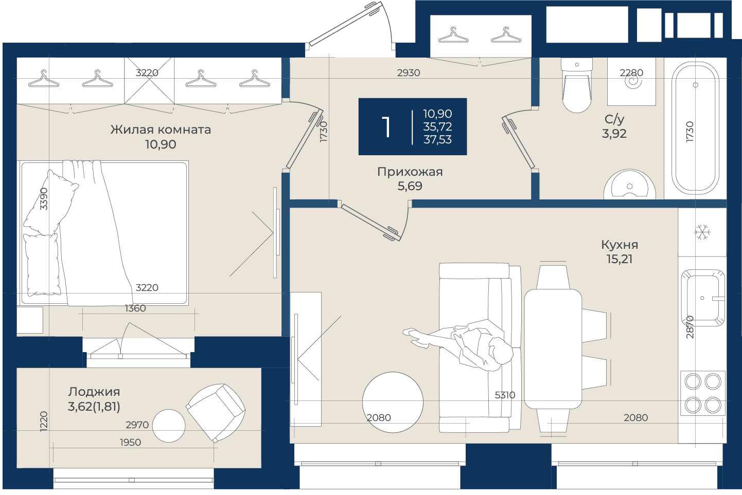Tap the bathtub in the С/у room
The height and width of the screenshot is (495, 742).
point(695,128)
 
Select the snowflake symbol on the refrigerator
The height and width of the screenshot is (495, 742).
point(702,232)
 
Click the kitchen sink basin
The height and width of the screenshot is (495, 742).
point(703,298)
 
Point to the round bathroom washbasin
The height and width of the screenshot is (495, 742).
point(630,185)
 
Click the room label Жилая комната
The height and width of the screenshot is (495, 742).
point(161,130)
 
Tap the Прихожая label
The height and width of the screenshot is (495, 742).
point(410,172)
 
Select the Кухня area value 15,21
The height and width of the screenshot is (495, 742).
point(620,259)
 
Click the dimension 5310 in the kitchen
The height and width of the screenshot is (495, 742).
point(505,395)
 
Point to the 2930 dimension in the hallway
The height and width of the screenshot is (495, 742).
point(409,73)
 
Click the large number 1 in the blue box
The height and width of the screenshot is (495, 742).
point(386,127)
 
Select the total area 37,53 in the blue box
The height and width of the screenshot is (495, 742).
point(437,140)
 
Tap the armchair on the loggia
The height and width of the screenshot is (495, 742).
point(216,413)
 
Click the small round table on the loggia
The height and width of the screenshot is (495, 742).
point(169,426)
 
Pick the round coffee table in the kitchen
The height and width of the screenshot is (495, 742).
point(393,402)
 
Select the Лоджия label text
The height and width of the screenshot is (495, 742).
point(94,392)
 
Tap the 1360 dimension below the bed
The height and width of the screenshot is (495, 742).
point(135,308)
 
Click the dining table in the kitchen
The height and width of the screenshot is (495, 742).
point(553,349)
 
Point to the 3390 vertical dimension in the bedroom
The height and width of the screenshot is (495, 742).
point(44,199)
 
